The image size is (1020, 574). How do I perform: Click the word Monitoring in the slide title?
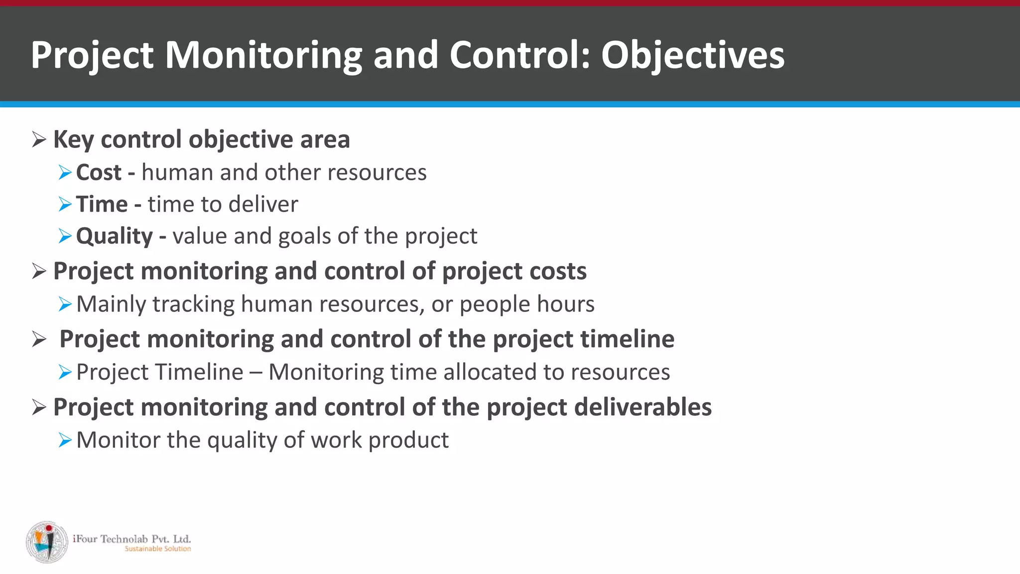(263, 55)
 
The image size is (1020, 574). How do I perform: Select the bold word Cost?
(99, 173)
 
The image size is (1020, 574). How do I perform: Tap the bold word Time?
(102, 205)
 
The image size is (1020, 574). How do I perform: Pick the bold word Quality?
(114, 236)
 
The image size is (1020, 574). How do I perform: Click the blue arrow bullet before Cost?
(65, 173)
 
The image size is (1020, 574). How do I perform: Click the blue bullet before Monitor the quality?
(65, 440)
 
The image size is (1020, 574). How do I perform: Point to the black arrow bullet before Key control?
(39, 140)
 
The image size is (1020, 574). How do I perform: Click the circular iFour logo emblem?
(47, 542)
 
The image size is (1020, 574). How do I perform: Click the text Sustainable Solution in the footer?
(157, 549)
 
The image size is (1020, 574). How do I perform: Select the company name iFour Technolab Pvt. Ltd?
(131, 539)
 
